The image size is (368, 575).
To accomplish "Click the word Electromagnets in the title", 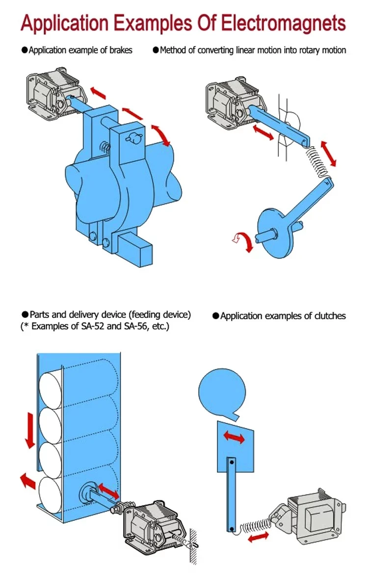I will coord(284,23).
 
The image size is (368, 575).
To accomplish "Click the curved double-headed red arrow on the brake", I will coord(160,134).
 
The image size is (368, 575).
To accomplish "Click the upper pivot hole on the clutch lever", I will coord(231,461).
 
